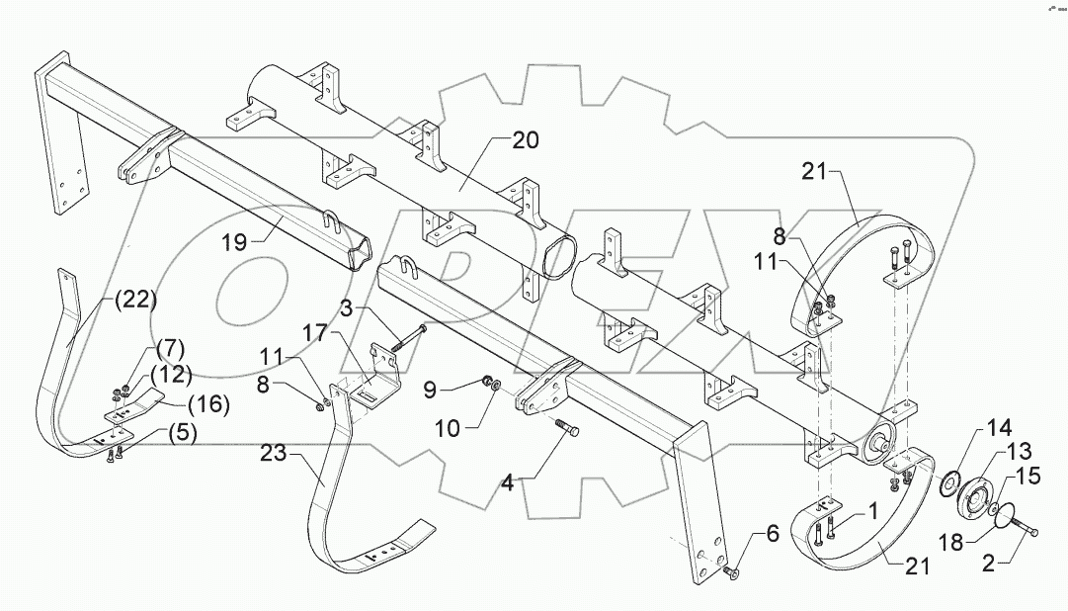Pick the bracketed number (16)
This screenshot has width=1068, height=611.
[209, 403]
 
